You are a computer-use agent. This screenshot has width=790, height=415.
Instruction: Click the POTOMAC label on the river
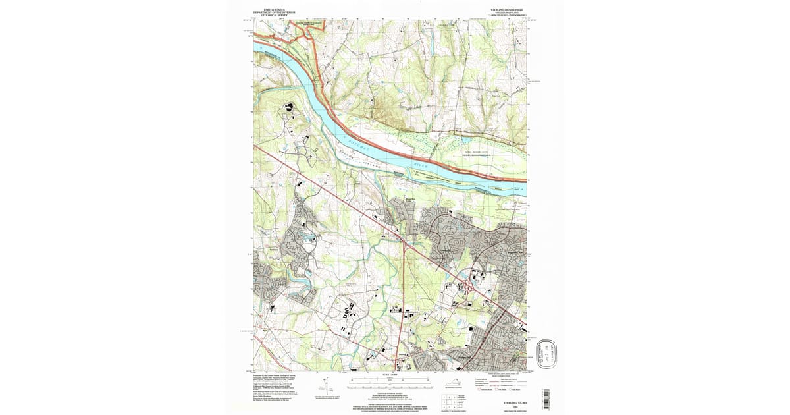click(x=355, y=139)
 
